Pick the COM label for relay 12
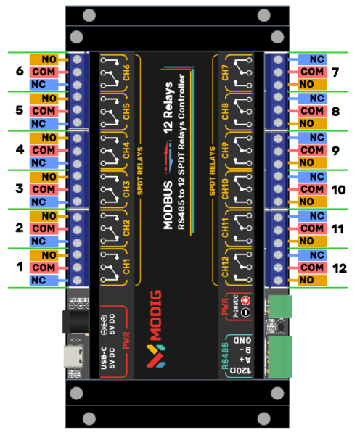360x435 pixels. (311, 267)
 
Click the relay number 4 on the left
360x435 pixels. (20, 150)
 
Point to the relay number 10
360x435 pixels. (337, 188)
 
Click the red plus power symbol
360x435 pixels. (245, 300)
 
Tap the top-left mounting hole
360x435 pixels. (89, 15)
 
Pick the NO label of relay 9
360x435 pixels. (311, 162)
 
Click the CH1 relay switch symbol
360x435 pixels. (110, 266)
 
